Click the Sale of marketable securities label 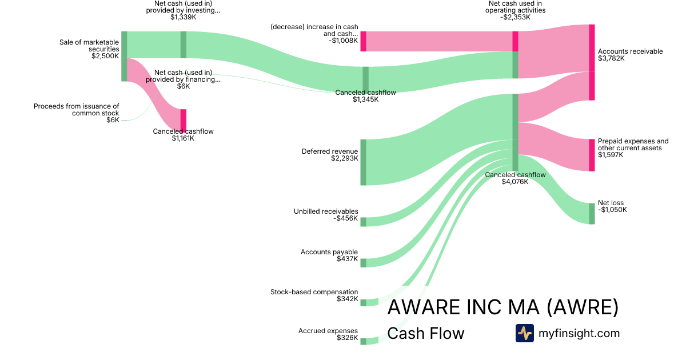pyautogui.click(x=89, y=45)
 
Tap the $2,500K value pyautogui.click(x=105, y=56)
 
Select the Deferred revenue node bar pyautogui.click(x=363, y=162)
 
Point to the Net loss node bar pyautogui.click(x=592, y=213)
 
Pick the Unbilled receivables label pyautogui.click(x=326, y=211)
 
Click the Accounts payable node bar pyautogui.click(x=363, y=262)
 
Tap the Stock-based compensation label pyautogui.click(x=314, y=292)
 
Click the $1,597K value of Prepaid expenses pyautogui.click(x=611, y=155)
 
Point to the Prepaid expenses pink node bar pyautogui.click(x=592, y=155)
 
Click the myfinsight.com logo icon pyautogui.click(x=524, y=333)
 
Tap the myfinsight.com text pyautogui.click(x=579, y=333)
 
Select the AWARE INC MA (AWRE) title pyautogui.click(x=502, y=307)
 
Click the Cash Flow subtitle pyautogui.click(x=425, y=333)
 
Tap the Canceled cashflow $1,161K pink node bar pyautogui.click(x=184, y=120)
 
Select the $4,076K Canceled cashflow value pyautogui.click(x=514, y=182)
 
